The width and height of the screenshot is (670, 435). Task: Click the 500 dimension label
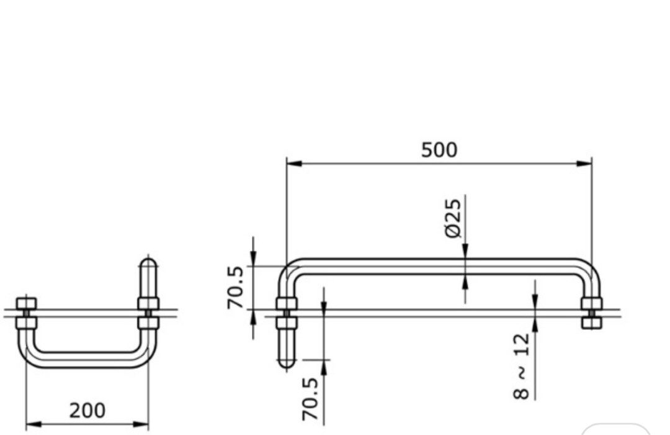point(439,150)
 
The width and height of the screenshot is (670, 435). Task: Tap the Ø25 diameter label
point(453,217)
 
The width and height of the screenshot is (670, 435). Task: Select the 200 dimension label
point(87,410)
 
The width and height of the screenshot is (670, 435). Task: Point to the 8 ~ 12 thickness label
point(522,366)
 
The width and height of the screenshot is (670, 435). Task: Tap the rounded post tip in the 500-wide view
point(286,362)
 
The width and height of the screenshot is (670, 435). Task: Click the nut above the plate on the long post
point(286,303)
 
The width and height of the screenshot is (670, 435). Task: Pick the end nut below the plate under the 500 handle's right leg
point(591,323)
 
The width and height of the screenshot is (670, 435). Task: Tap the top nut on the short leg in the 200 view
point(27,303)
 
